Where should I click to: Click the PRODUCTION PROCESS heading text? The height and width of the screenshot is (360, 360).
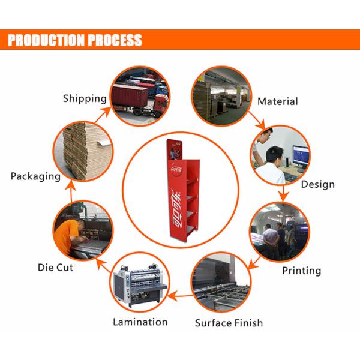tap(75, 40)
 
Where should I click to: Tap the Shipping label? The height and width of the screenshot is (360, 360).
tap(85, 99)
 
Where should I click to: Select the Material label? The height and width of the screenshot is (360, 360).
tap(278, 101)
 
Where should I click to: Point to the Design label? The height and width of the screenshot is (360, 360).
tap(318, 184)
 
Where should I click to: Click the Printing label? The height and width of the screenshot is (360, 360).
tap(302, 271)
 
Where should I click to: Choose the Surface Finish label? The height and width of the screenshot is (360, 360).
tap(229, 323)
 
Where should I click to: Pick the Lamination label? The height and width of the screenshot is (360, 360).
tap(140, 322)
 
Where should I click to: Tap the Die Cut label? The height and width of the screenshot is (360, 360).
tap(55, 268)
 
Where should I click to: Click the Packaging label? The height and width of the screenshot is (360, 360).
tap(35, 176)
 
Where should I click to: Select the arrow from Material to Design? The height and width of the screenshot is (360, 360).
tap(257, 121)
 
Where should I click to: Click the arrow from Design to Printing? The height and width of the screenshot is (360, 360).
tap(283, 193)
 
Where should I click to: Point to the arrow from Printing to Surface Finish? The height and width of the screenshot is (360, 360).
tap(254, 263)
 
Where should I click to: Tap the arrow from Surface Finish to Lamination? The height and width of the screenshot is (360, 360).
tap(180, 295)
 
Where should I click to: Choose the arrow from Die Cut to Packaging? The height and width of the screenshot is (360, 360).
tap(71, 191)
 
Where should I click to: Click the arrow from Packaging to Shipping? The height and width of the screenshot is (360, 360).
tap(103, 115)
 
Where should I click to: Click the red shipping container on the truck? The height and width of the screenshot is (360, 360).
tap(130, 95)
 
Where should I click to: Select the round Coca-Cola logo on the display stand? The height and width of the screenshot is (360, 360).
tap(176, 169)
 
